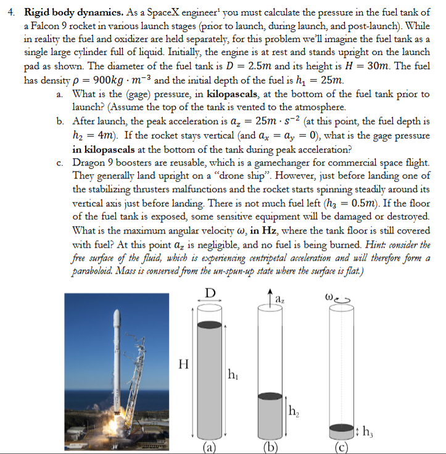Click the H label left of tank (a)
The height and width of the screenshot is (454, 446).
[183, 364]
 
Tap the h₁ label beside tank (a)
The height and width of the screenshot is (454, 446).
[234, 374]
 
